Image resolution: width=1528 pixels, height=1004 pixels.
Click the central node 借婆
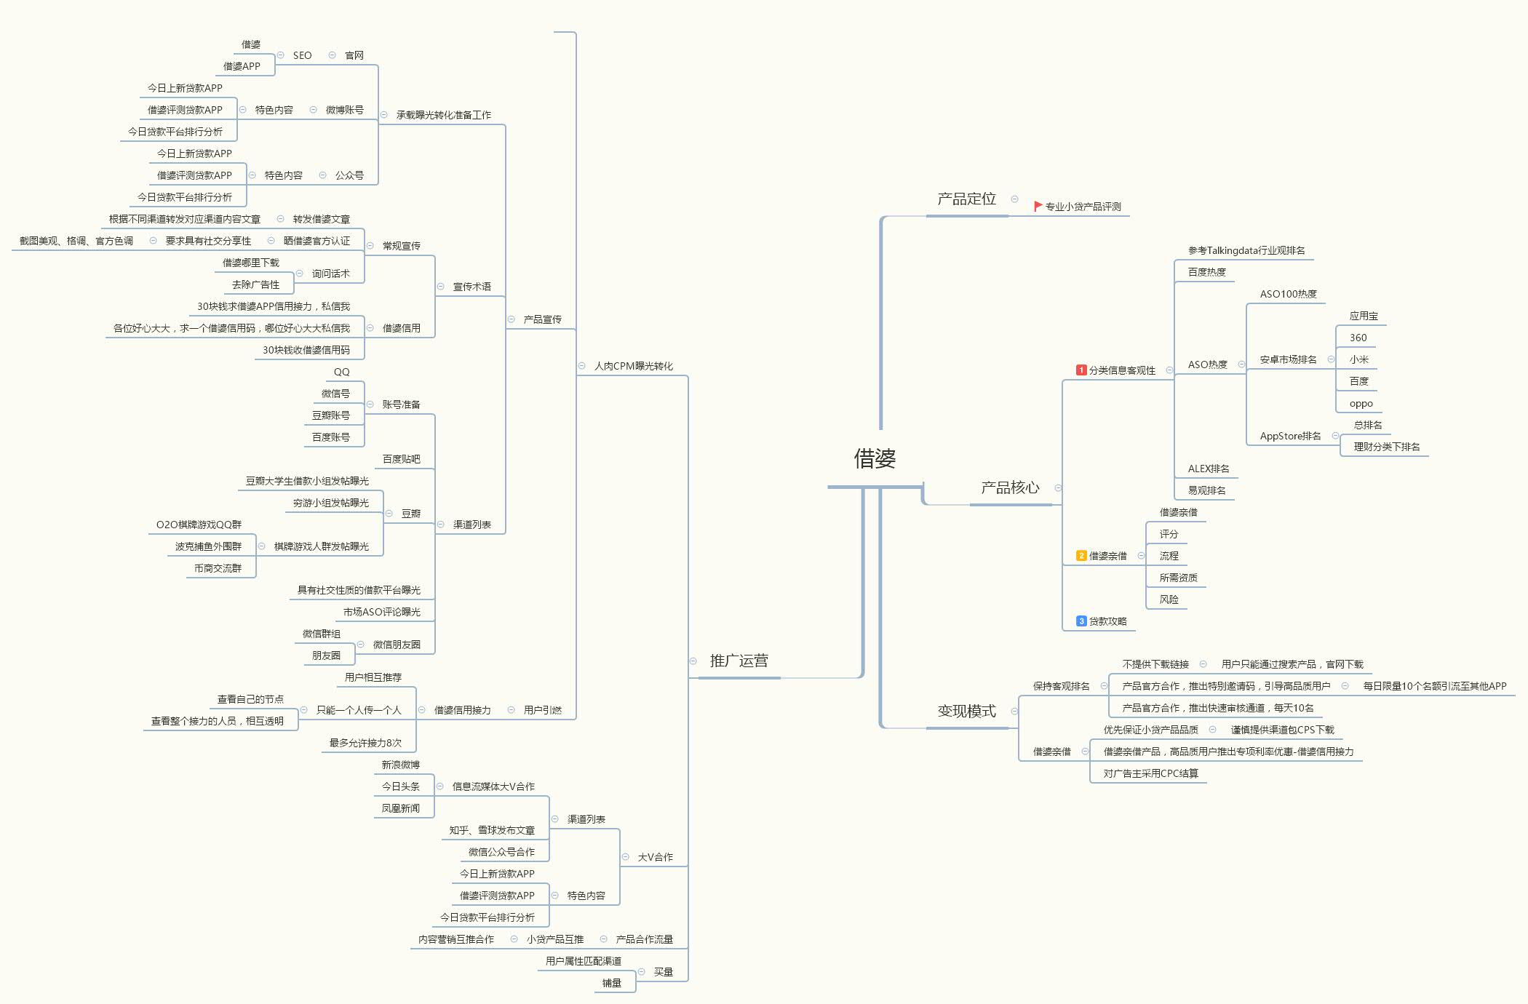tap(875, 458)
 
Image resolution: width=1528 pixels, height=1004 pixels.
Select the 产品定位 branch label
tap(966, 199)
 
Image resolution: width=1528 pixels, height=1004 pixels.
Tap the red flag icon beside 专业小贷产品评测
tap(1038, 207)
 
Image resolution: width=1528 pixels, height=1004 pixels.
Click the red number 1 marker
tap(1081, 370)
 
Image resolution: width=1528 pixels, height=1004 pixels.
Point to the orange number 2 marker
tap(1081, 556)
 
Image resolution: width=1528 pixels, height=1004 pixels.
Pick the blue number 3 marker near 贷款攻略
tap(1081, 621)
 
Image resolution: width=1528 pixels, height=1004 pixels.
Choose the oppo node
tap(1361, 404)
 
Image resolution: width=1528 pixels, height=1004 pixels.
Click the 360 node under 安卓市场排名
tap(1358, 338)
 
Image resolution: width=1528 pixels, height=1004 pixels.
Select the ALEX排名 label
tap(1208, 469)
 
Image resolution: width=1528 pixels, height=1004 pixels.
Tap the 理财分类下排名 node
tap(1386, 447)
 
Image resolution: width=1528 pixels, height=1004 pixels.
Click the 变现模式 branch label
tap(966, 711)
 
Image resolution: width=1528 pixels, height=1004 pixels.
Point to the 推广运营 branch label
tap(739, 661)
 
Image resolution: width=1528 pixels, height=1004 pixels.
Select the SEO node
tap(302, 55)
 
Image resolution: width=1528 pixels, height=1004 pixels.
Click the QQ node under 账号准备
tap(341, 372)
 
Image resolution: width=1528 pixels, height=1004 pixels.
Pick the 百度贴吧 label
tap(401, 459)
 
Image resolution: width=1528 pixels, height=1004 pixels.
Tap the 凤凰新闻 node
tap(400, 808)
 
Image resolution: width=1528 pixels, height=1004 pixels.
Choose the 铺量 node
tap(611, 983)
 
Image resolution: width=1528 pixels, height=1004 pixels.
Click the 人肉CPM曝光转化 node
tap(633, 366)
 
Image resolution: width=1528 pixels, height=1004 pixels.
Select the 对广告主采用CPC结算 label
tap(1150, 773)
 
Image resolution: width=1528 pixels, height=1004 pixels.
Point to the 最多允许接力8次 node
tap(365, 743)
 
